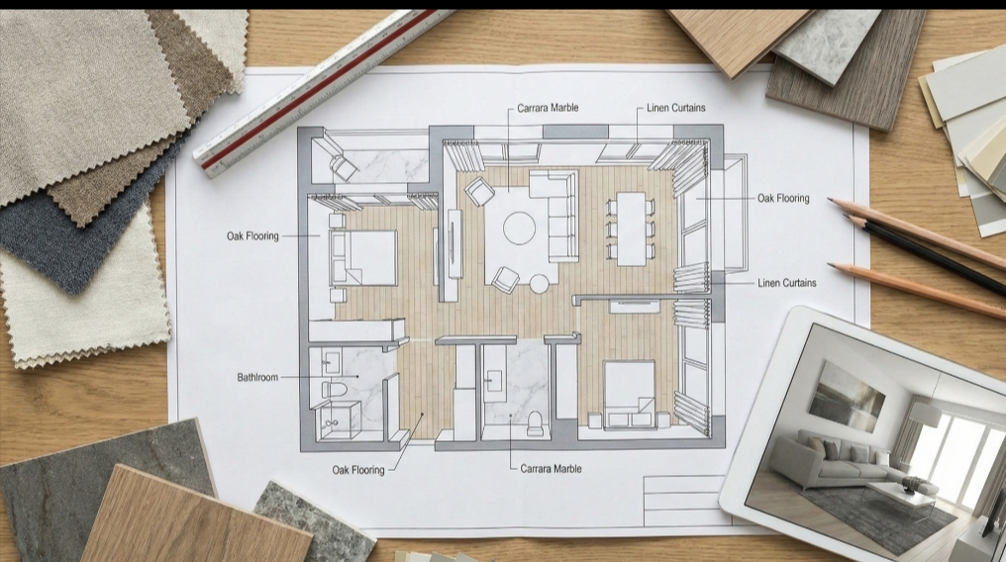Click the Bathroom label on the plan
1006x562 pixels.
click(x=257, y=377)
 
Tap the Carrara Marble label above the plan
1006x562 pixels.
click(x=548, y=108)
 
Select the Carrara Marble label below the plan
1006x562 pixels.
click(x=551, y=468)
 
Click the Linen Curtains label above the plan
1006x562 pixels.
click(x=676, y=108)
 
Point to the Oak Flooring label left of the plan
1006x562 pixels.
click(x=252, y=236)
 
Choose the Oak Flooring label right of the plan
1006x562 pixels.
click(x=783, y=198)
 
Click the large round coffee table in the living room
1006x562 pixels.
click(x=519, y=228)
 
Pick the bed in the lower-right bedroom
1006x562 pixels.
click(x=628, y=390)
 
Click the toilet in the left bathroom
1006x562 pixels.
click(x=334, y=389)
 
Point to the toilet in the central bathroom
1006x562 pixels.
click(x=536, y=422)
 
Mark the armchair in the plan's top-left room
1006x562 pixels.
click(x=344, y=165)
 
